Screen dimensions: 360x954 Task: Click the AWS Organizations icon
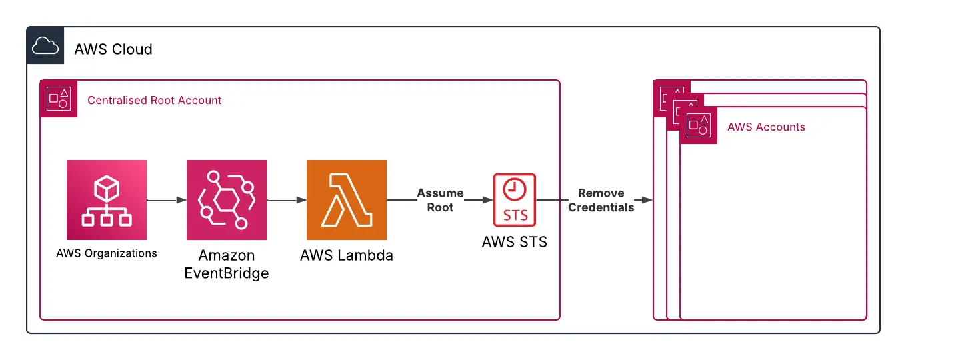coord(107,200)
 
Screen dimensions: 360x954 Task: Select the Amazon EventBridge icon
coord(227,200)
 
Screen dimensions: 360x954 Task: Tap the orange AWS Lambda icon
coord(347,200)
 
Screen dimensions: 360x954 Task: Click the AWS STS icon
coord(515,199)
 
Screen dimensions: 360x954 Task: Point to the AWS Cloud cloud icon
coord(45,46)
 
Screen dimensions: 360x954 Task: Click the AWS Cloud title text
coord(113,49)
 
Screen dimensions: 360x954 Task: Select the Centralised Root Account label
coord(155,100)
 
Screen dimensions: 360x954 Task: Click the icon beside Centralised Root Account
coord(59,99)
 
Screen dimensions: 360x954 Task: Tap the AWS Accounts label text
coord(766,127)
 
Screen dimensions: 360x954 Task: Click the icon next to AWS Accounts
coord(699,125)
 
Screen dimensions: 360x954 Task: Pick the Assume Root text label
coord(440,200)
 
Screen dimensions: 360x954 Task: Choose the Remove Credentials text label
coord(601,200)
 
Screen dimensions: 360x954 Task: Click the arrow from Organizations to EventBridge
coord(167,200)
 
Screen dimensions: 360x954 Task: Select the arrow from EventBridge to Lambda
coord(287,200)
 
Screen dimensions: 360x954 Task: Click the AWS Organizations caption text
coord(107,253)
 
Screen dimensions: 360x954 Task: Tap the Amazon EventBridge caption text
coord(227,264)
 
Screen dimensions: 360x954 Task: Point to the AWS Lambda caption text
coord(347,255)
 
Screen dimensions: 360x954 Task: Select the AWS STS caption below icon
coord(515,242)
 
